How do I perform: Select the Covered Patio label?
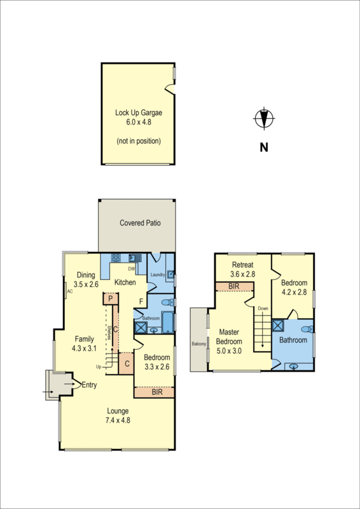coord(140,223)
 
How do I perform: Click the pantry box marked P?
coord(110,298)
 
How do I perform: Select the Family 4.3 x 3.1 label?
coord(84,344)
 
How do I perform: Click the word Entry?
coord(88,384)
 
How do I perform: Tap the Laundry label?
coord(158,275)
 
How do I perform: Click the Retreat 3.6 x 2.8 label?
coord(242,269)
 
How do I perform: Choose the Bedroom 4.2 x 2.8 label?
coord(294,288)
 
